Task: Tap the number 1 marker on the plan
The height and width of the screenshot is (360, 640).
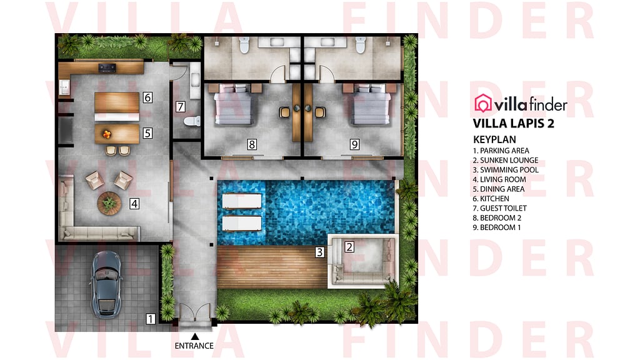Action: point(151,319)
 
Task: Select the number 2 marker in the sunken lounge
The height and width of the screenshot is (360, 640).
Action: point(349,246)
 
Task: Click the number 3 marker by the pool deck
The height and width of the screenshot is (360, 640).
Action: point(319,252)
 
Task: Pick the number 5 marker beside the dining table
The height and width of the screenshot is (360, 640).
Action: point(147,133)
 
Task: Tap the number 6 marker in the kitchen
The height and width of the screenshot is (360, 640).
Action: point(147,97)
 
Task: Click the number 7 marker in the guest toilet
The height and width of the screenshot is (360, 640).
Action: point(181,106)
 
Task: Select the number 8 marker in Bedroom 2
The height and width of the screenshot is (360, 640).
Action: point(251,144)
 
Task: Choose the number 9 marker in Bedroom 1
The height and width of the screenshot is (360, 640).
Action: point(354,144)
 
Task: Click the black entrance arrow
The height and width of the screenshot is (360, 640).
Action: point(194,337)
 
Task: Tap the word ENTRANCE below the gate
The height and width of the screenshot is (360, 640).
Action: point(194,346)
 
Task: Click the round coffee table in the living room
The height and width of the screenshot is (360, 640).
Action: point(110,202)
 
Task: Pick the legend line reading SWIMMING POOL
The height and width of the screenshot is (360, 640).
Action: point(506,169)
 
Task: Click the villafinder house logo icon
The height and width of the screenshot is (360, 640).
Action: point(484,103)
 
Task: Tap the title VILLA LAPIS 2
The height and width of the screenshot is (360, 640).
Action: point(513,123)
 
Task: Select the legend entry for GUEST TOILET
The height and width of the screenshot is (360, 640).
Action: point(500,208)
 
